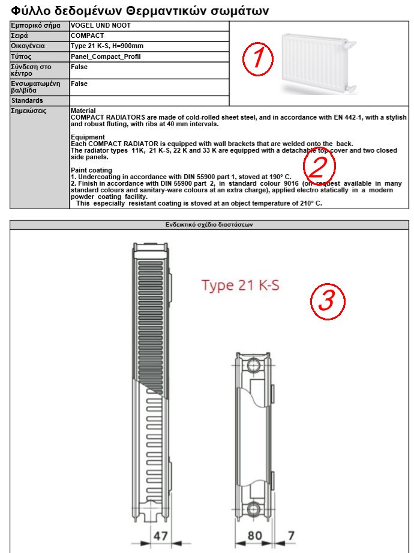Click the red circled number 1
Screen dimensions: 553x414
(257, 59)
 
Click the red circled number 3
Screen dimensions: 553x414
(326, 300)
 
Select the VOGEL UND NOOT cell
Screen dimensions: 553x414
(101, 26)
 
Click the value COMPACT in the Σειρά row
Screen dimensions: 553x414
(88, 36)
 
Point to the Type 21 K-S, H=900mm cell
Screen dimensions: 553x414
(107, 46)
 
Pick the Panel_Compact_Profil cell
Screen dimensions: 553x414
(106, 57)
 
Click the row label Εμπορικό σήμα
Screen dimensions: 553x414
(34, 26)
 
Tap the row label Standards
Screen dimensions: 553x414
(27, 100)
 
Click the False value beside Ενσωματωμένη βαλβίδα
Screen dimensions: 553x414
(79, 84)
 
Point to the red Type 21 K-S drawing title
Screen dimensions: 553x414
(240, 285)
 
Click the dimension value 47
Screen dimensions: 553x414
(160, 534)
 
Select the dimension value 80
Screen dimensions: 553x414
(255, 534)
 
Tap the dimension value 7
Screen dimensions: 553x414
(291, 534)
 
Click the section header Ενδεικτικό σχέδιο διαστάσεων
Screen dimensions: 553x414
(209, 224)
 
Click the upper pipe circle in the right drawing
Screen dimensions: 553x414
(254, 364)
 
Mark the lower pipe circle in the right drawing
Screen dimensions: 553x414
(254, 508)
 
